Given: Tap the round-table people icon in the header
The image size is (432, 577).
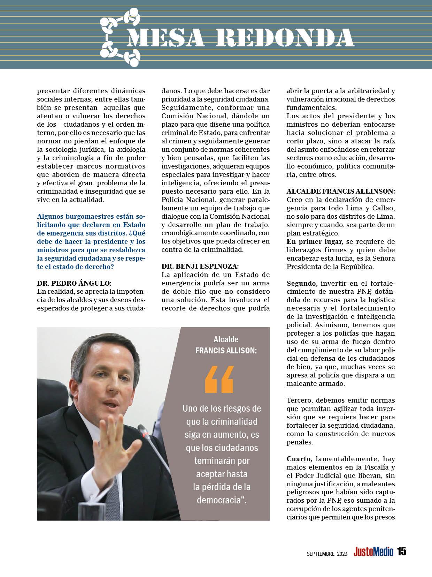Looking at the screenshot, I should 120,38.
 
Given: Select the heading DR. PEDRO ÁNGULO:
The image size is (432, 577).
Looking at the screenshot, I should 74,283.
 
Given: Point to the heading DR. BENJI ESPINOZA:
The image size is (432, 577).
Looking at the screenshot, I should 200,266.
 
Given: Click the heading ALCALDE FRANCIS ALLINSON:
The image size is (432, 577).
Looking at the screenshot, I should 341,191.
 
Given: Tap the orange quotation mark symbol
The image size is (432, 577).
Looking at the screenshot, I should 219,380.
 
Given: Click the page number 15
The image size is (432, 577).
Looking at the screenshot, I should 401,552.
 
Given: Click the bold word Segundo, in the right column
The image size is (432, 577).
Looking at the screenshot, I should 301,283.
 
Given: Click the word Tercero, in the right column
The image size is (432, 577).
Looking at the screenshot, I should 301,400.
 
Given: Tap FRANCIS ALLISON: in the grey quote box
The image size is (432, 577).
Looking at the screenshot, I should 226,351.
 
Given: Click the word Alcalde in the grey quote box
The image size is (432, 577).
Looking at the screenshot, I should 226,339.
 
